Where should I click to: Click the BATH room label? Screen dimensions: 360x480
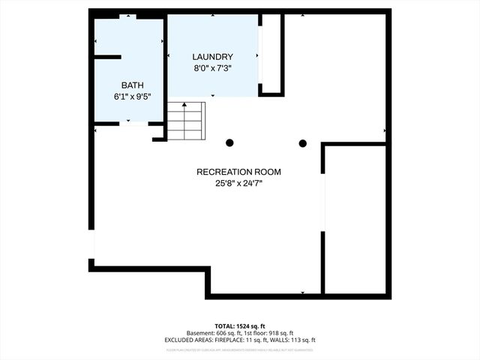132,85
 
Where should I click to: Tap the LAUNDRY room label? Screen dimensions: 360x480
212,57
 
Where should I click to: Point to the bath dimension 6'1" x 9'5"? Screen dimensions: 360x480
132,97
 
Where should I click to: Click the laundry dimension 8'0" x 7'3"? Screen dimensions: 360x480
212,68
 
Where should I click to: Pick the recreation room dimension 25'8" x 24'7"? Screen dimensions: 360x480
239,183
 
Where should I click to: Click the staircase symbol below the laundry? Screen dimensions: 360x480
185,121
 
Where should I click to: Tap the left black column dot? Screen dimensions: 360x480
229,142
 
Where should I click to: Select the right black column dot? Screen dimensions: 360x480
303,143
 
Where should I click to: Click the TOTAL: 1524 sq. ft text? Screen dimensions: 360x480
240,326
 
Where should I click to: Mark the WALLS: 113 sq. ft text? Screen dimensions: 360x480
296,340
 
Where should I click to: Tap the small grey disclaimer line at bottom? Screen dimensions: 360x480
240,349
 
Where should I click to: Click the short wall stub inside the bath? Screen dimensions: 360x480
106,57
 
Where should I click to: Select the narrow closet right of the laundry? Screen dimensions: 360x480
271,52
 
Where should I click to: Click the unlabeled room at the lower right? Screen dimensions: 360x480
355,217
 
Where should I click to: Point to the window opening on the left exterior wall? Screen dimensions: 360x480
91,244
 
